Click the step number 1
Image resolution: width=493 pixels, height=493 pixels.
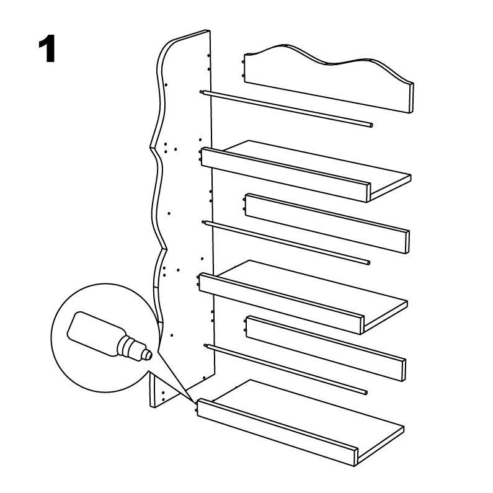47,48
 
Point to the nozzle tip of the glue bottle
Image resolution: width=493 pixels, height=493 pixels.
149,355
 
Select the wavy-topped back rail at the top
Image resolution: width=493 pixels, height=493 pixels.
329,79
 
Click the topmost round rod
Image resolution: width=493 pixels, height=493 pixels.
286,109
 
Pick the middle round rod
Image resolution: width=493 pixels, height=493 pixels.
286,242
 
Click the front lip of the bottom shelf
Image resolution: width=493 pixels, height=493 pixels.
277,432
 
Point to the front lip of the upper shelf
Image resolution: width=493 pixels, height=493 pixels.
285,174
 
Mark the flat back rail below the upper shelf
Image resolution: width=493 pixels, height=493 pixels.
327,223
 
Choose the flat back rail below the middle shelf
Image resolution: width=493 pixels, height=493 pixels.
326,349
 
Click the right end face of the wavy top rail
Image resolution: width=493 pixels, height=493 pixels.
411,98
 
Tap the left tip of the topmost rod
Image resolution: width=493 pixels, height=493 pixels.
201,92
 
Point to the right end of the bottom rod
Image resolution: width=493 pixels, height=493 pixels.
366,393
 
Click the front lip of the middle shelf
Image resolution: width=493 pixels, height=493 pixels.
282,303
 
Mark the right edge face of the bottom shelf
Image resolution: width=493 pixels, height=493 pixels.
381,446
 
